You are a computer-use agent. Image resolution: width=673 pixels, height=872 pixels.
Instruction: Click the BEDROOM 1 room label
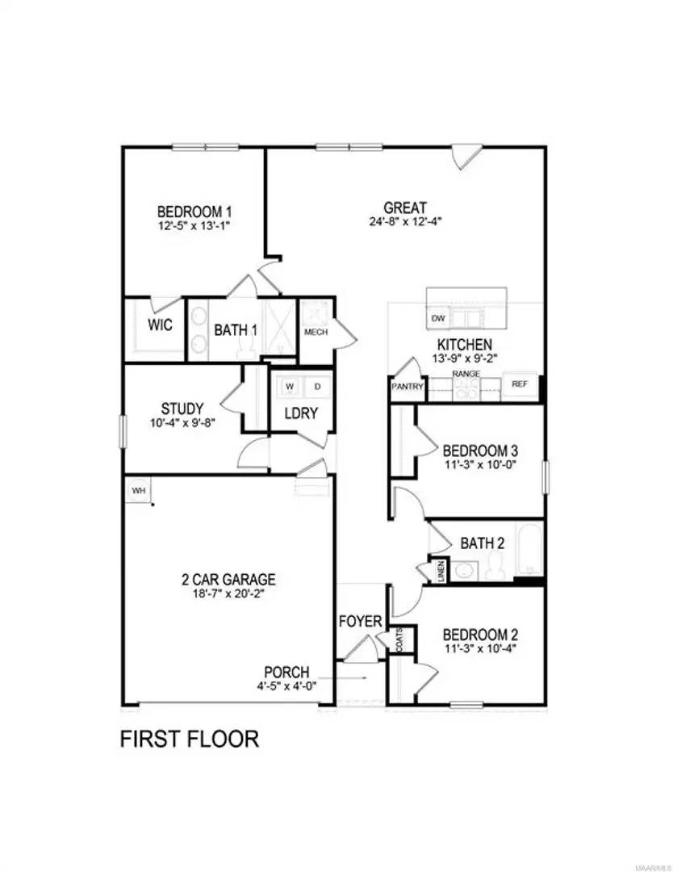pos(194,212)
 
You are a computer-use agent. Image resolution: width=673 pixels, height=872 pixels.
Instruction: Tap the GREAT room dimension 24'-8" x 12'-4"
pos(405,221)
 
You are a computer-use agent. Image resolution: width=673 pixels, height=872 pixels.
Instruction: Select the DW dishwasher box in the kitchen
pos(438,318)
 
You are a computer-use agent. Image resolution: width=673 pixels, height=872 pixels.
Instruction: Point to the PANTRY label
pos(408,387)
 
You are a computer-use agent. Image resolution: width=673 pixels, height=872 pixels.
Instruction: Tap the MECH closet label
pos(316,332)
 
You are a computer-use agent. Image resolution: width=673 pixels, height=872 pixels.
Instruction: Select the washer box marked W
pos(289,386)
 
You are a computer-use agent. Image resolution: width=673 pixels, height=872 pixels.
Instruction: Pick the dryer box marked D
pos(317,386)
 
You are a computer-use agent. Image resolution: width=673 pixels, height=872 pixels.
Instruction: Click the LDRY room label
pos(300,413)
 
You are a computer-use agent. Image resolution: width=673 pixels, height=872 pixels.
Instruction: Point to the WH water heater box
pos(138,489)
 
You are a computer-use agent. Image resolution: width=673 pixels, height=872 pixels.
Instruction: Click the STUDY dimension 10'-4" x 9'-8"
pos(182,422)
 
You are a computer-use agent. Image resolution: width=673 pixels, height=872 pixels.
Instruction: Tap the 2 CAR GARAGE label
pos(228,579)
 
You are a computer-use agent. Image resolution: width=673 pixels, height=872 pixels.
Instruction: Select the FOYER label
pos(359,621)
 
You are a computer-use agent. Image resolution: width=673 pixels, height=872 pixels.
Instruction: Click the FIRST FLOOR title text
pos(190,739)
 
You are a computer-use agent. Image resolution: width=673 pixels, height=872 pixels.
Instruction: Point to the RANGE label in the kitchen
pos(466,374)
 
